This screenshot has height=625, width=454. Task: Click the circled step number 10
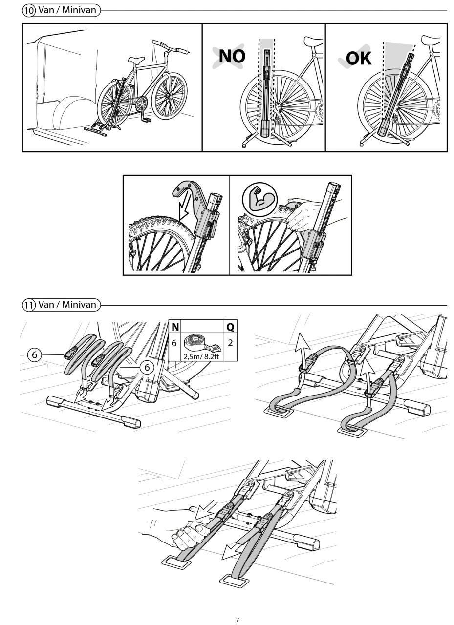click(29, 11)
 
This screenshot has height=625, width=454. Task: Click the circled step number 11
click(29, 305)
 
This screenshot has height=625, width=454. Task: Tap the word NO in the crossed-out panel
click(232, 56)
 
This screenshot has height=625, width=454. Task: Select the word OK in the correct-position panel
click(359, 58)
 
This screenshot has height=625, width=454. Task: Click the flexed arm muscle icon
click(259, 200)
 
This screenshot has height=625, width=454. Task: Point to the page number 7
click(238, 620)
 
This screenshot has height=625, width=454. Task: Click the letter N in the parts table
click(175, 327)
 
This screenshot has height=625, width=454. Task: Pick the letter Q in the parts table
click(230, 327)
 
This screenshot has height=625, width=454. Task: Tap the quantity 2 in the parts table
click(230, 343)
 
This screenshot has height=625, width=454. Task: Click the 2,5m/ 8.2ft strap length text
click(201, 356)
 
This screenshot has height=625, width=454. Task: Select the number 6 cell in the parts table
click(174, 343)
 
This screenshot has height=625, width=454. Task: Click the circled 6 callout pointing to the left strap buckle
click(34, 354)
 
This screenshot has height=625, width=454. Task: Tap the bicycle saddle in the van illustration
click(136, 60)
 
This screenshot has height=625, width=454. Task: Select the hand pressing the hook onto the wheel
click(303, 215)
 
